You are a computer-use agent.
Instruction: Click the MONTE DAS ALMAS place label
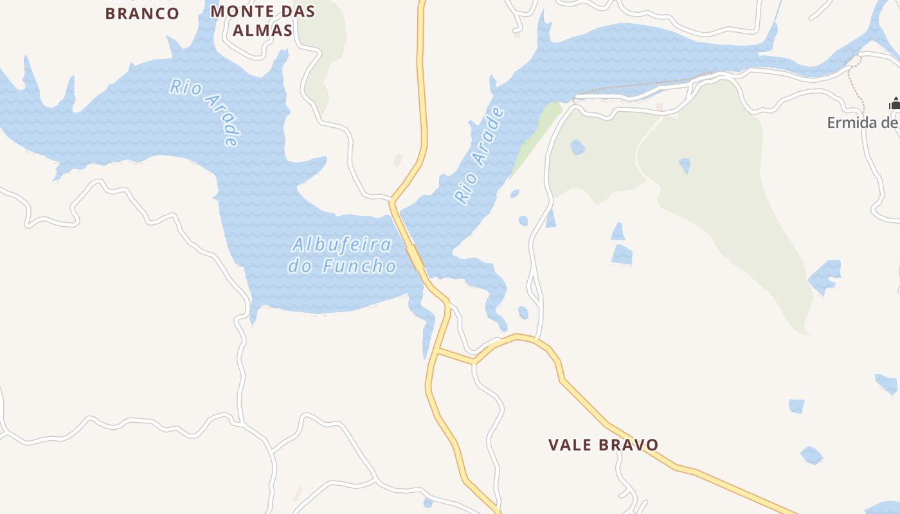(x=262, y=21)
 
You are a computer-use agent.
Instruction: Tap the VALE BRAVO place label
(x=603, y=445)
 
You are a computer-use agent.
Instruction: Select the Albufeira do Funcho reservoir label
(x=341, y=255)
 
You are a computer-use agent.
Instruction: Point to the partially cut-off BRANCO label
(x=142, y=13)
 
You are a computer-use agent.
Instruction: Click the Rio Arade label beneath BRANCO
(x=205, y=112)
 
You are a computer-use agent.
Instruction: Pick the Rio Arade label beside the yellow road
(x=479, y=156)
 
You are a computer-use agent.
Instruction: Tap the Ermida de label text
(x=862, y=123)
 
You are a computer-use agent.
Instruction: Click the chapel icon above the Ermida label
(x=894, y=104)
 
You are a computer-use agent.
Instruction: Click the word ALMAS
(x=262, y=30)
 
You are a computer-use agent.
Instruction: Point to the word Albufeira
(x=341, y=245)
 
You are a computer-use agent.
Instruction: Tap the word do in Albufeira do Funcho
(x=299, y=266)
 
